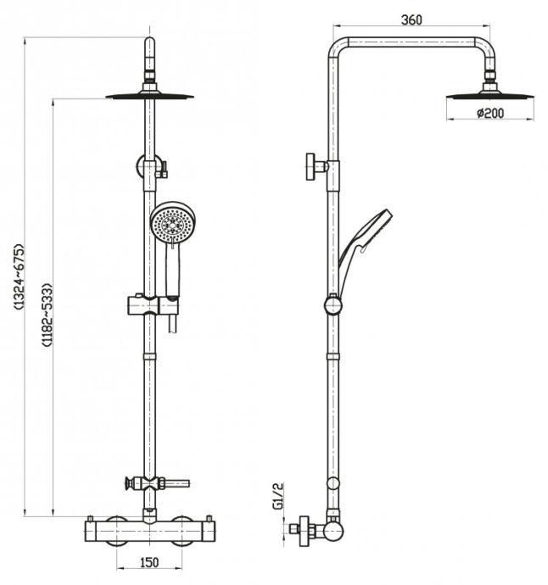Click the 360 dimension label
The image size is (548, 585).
411,20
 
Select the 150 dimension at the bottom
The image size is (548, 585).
148,561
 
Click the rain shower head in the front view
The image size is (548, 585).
149,96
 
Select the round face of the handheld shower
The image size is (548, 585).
172,224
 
